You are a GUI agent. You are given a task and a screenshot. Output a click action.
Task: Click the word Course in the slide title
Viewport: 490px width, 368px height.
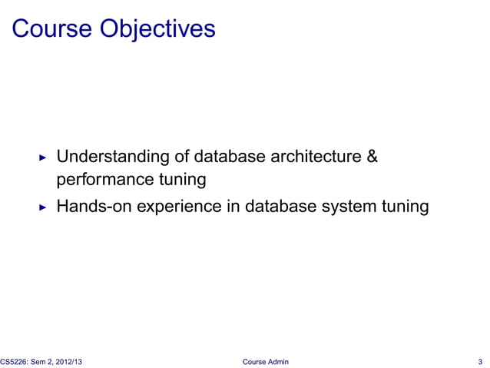pyautogui.click(x=53, y=28)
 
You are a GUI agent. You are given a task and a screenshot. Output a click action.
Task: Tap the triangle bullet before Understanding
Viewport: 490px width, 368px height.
pyautogui.click(x=43, y=158)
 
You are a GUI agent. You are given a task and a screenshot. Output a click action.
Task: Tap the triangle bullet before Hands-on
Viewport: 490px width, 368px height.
pyautogui.click(x=43, y=207)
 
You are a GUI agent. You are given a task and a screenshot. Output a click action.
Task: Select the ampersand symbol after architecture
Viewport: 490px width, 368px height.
pyautogui.click(x=372, y=157)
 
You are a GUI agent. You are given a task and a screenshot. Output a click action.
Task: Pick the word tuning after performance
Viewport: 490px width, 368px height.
pyautogui.click(x=181, y=180)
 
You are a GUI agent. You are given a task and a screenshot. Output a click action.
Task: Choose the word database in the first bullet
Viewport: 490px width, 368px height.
pyautogui.click(x=228, y=157)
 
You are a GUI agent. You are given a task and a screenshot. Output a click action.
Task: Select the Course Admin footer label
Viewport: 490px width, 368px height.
pyautogui.click(x=265, y=361)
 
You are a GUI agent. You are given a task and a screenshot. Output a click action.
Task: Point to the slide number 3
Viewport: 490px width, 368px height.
pyautogui.click(x=479, y=361)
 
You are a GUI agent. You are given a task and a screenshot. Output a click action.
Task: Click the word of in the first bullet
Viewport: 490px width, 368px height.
pyautogui.click(x=182, y=157)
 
